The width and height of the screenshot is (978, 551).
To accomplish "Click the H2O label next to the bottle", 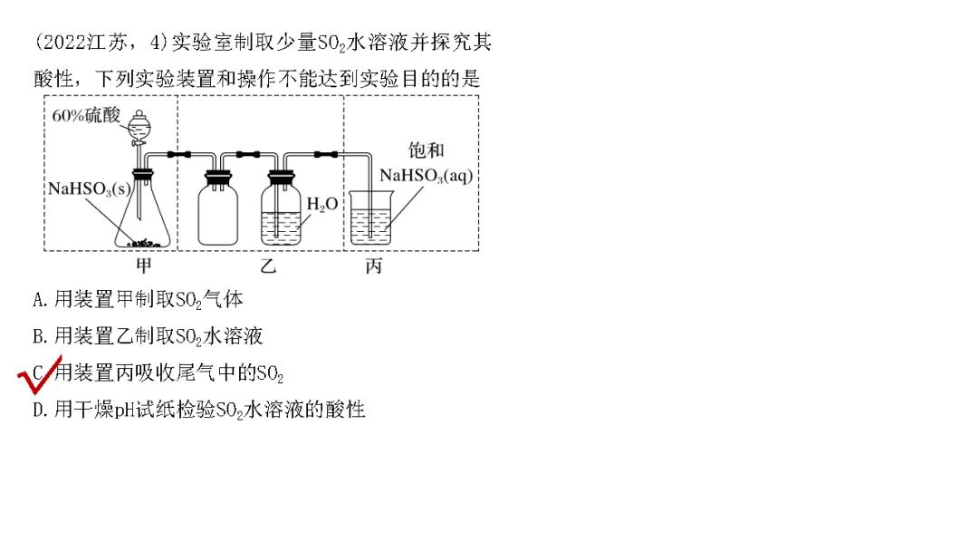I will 321,205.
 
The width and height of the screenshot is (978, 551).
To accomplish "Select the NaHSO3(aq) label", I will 427,176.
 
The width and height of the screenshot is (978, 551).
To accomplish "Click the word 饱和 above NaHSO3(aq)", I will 427,151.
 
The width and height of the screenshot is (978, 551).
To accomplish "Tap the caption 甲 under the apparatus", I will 143,266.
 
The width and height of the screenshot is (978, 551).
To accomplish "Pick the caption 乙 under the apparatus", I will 267,266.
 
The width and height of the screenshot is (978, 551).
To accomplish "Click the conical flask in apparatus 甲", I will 144,222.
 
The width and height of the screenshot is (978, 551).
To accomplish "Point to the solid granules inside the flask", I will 144,242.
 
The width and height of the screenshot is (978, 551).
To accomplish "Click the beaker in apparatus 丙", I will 371,223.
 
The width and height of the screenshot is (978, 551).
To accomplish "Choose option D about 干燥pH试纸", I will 198,410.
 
